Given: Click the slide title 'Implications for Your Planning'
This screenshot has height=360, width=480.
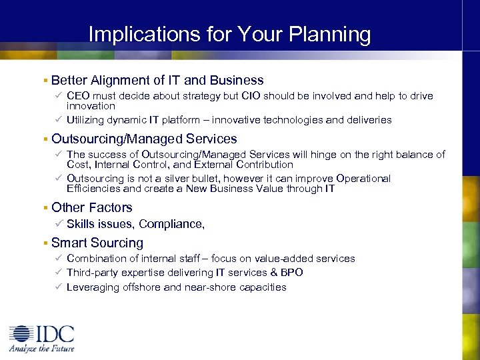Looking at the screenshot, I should coord(229,34).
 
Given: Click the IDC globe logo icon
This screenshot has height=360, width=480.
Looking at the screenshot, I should coord(21,334).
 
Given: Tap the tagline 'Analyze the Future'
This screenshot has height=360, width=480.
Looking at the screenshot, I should coord(41,348).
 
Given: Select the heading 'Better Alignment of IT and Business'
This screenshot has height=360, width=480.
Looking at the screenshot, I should coord(157,80).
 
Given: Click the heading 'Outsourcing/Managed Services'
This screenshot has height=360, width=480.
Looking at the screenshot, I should coord(144,139).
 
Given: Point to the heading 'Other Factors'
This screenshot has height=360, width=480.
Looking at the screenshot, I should coord(92,207).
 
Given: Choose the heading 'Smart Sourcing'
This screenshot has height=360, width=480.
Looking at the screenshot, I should coord(97,243).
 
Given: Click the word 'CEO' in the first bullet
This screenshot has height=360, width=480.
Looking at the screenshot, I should coord(79,96).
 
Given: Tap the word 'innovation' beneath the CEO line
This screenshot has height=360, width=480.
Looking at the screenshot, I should coord(91,106).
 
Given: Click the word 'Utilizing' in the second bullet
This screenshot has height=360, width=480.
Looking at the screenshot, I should coord(87,120).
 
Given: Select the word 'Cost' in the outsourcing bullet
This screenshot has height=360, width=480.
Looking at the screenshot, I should coord(77,164).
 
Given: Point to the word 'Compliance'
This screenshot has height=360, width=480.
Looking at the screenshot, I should coord(170,225).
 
